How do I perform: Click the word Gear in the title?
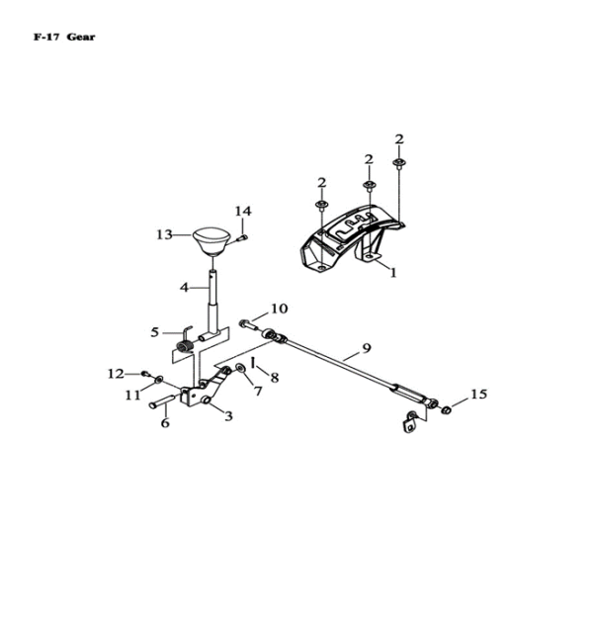pyautogui.click(x=81, y=38)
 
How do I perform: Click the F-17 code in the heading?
pyautogui.click(x=46, y=38)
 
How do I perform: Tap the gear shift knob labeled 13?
pyautogui.click(x=212, y=241)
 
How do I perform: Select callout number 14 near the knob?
pyautogui.click(x=243, y=211)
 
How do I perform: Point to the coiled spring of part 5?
pyautogui.click(x=185, y=347)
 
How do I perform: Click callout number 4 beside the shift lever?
pyautogui.click(x=184, y=287)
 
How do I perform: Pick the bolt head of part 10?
pyautogui.click(x=244, y=323)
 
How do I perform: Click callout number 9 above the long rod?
pyautogui.click(x=366, y=348)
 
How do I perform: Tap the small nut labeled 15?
pyautogui.click(x=446, y=409)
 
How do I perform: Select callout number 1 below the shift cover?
pyautogui.click(x=392, y=273)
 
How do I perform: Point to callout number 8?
pyautogui.click(x=275, y=378)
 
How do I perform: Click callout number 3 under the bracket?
pyautogui.click(x=228, y=416)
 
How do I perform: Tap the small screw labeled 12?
pyautogui.click(x=145, y=373)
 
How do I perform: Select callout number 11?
pyautogui.click(x=133, y=395)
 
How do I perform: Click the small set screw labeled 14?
pyautogui.click(x=242, y=238)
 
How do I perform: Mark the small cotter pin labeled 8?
pyautogui.click(x=253, y=362)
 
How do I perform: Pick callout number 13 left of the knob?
pyautogui.click(x=164, y=234)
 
